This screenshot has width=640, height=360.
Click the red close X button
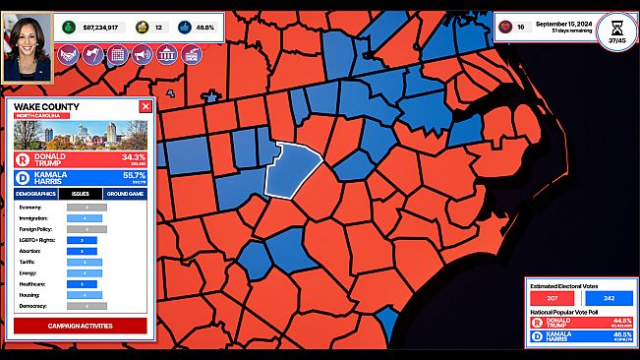(145, 106)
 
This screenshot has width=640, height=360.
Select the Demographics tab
(35, 194)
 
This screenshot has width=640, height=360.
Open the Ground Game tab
(125, 194)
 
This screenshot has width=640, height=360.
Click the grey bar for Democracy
(87, 306)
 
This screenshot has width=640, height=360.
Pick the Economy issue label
(30, 208)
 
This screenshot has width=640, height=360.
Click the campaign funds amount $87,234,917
(100, 27)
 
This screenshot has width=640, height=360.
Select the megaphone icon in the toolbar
(142, 55)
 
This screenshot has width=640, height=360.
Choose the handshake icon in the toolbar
(68, 55)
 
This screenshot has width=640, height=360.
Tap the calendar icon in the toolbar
(117, 55)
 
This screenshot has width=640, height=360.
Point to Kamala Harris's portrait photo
(27, 46)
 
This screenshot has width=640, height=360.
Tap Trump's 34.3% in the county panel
(133, 157)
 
